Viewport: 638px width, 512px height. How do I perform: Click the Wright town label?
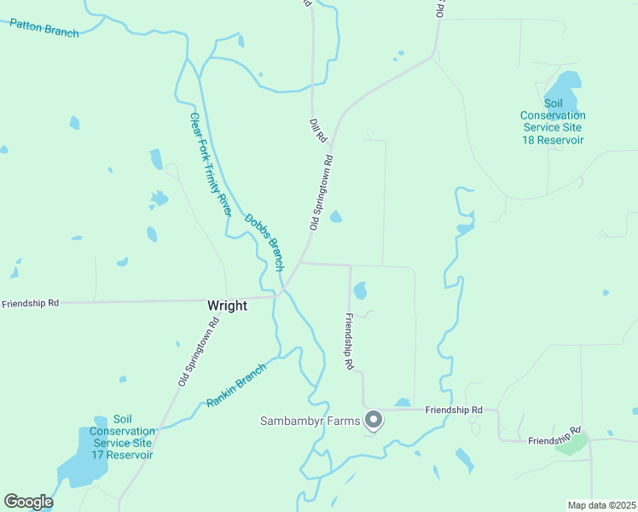(227, 305)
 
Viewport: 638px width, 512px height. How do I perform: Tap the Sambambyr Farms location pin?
(373, 419)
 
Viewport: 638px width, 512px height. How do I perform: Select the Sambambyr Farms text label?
(310, 421)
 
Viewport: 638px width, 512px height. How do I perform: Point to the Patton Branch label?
(44, 27)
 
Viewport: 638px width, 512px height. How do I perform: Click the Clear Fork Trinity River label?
(210, 164)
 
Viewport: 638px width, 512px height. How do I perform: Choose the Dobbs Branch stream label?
(264, 242)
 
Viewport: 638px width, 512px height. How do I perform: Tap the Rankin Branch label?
(236, 386)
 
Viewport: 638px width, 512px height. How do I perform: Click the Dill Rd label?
(317, 131)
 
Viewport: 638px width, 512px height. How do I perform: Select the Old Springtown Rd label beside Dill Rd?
(320, 192)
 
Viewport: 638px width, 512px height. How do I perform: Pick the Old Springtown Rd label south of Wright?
(199, 352)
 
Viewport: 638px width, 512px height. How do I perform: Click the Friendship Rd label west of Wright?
(30, 303)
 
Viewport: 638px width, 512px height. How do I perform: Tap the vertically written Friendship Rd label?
(349, 341)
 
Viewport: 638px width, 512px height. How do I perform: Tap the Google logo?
(28, 502)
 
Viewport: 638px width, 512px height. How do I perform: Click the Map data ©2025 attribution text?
(601, 505)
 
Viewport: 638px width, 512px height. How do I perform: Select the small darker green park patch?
(572, 444)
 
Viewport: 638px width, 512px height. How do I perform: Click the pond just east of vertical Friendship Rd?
(360, 291)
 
